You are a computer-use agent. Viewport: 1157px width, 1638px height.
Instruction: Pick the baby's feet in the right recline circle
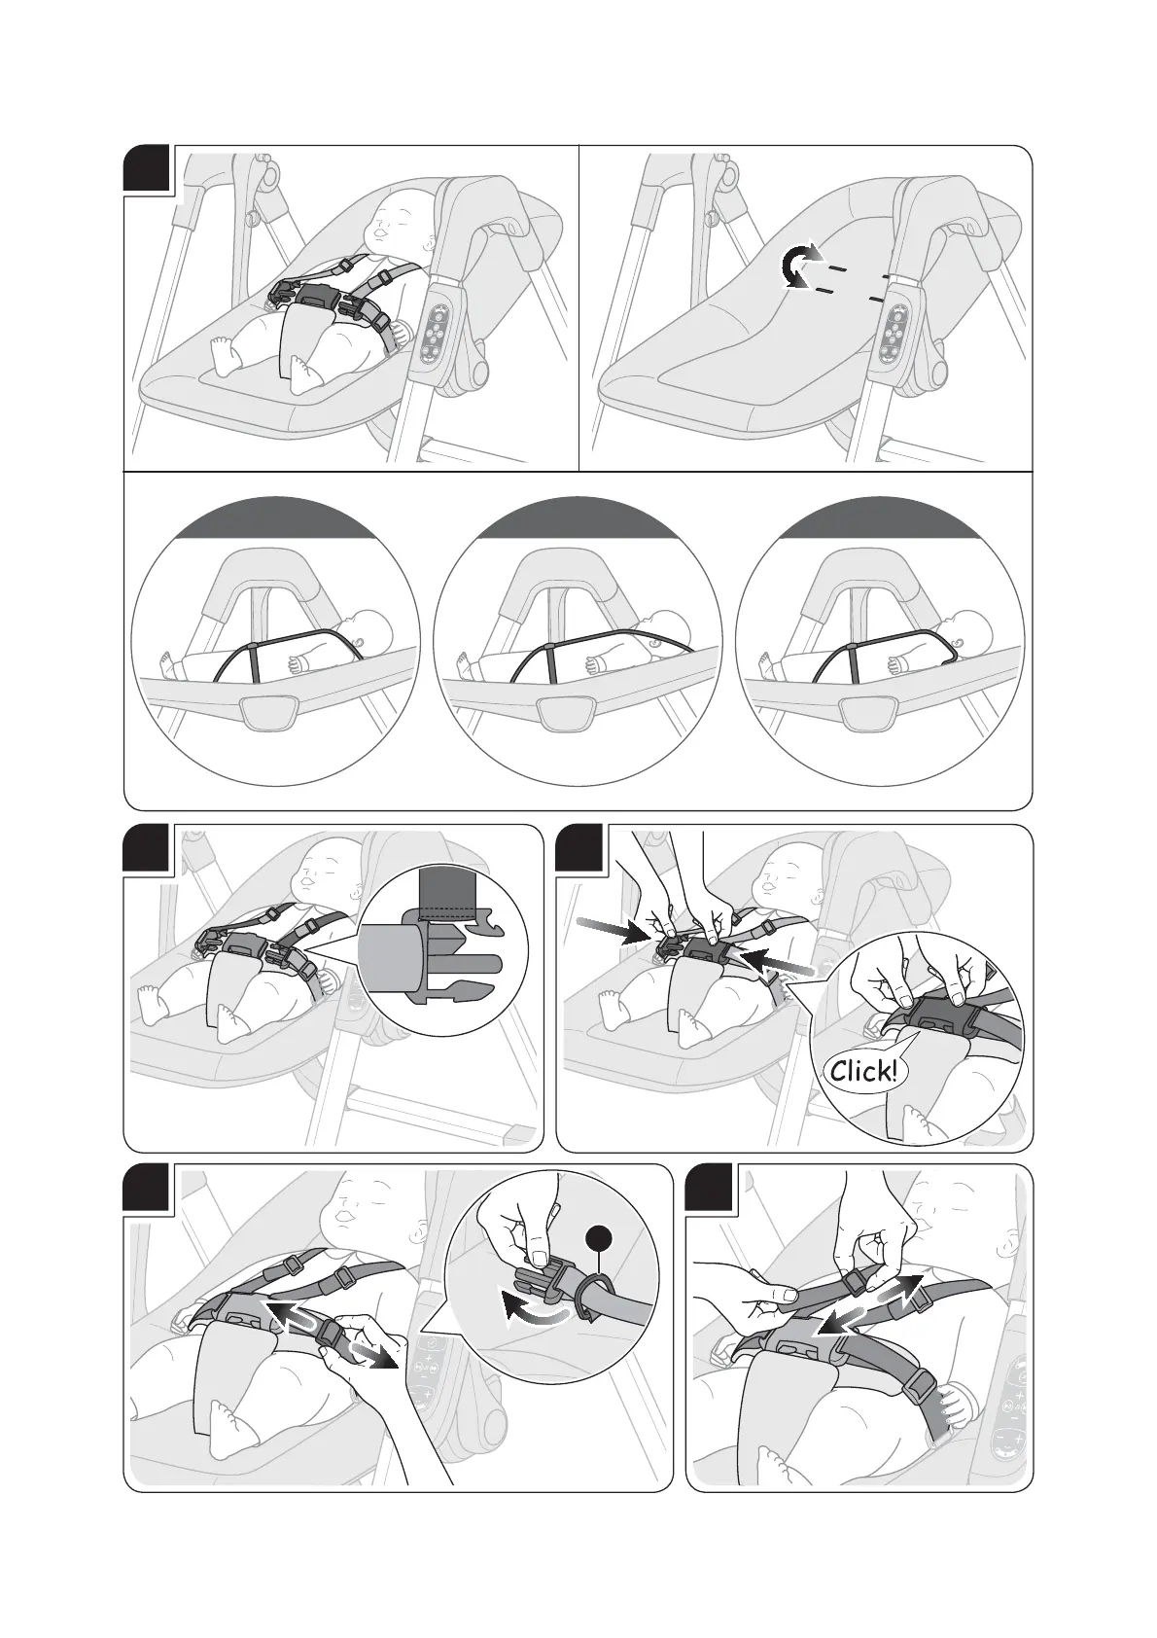point(764,665)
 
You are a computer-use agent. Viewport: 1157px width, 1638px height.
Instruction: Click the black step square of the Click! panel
point(580,849)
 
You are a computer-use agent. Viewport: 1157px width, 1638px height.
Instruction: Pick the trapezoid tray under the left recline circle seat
point(270,711)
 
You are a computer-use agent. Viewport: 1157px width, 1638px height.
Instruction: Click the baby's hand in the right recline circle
point(896,662)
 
